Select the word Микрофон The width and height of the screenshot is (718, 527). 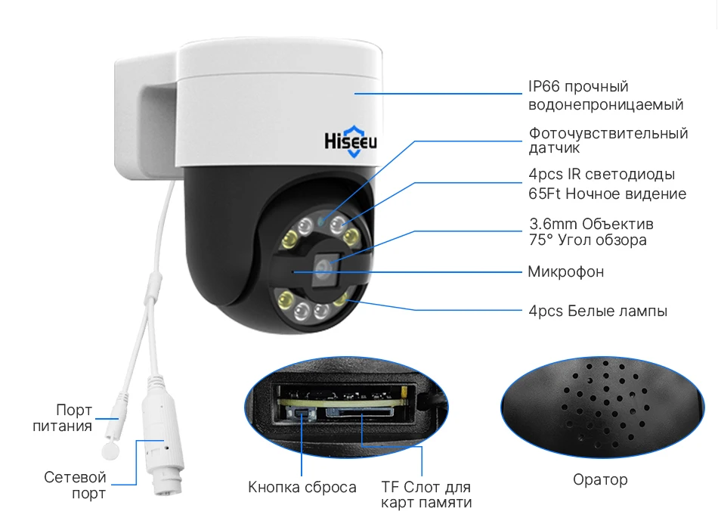566,272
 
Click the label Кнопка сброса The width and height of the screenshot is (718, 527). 302,487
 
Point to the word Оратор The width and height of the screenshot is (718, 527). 600,479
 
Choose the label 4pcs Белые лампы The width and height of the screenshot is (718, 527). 598,310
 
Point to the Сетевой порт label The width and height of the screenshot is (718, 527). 75,485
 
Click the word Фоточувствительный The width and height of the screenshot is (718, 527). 608,134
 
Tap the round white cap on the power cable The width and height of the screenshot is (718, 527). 111,448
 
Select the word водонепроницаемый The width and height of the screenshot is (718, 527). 605,104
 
